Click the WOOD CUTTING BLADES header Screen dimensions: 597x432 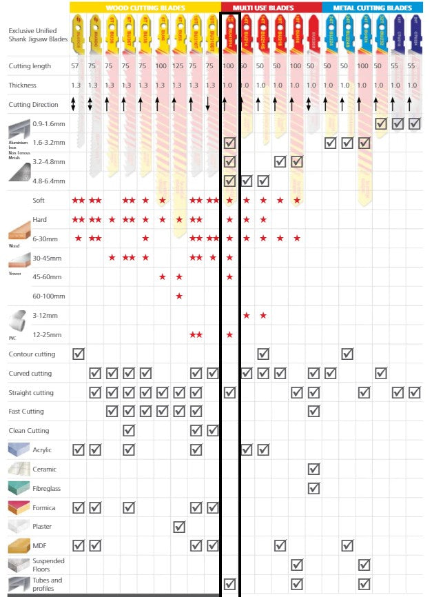click(x=145, y=8)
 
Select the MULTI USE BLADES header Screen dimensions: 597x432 click(x=271, y=8)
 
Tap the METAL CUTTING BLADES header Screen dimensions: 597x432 click(x=373, y=8)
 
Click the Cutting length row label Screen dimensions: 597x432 click(x=30, y=66)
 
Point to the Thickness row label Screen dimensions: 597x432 click(x=22, y=85)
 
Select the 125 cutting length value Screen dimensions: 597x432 click(x=178, y=66)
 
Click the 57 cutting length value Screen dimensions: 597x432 click(x=74, y=66)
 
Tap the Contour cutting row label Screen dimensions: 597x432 click(x=32, y=354)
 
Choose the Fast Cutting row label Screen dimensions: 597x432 click(x=26, y=412)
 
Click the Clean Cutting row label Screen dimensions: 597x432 click(x=28, y=431)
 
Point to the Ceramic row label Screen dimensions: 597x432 click(x=45, y=469)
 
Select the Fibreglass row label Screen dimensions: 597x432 click(x=48, y=488)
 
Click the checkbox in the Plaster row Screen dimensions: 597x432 click(x=179, y=527)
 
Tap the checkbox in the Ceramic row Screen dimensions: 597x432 click(x=313, y=469)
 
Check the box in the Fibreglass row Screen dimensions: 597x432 click(x=313, y=488)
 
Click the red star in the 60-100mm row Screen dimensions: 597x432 click(x=179, y=296)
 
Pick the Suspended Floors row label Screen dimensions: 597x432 click(x=48, y=565)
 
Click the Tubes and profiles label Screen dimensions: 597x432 click(x=47, y=584)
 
